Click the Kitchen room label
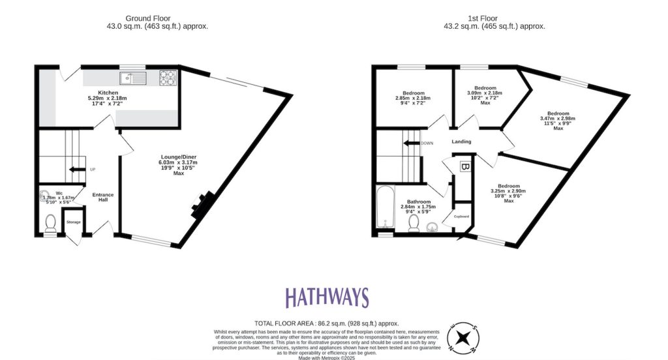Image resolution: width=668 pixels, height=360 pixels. click(x=108, y=93)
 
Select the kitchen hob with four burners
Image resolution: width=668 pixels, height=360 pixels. click(x=168, y=78)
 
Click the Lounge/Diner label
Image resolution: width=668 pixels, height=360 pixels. click(x=177, y=157)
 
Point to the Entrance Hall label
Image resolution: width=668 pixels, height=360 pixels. click(x=103, y=197)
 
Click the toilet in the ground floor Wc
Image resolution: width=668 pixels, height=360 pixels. click(x=51, y=224)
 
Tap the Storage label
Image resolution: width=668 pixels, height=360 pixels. click(x=74, y=222)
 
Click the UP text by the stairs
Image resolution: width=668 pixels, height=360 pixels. click(x=92, y=170)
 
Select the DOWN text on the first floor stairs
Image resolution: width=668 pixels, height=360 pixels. click(x=427, y=143)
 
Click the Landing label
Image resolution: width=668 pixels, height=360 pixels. click(x=461, y=142)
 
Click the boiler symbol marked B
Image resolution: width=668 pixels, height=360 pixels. click(x=464, y=167)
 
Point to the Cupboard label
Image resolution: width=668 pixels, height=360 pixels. click(x=462, y=216)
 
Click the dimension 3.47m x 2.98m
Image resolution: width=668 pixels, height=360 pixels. click(x=558, y=118)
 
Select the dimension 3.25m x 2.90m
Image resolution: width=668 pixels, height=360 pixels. click(x=509, y=190)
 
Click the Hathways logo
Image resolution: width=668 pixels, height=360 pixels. click(x=327, y=297)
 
